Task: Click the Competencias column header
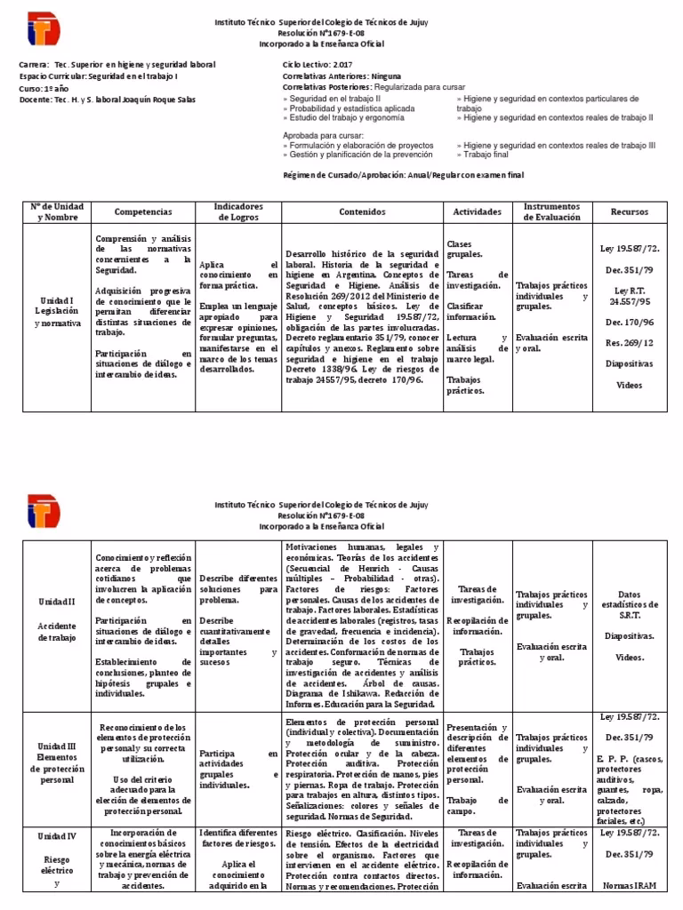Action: tap(143, 212)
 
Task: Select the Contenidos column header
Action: tap(362, 212)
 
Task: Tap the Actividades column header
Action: tap(477, 212)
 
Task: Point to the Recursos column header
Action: tap(629, 212)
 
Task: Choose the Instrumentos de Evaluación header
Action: tap(551, 212)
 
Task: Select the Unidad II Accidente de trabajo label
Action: tap(58, 618)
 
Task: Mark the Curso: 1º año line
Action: tap(44, 89)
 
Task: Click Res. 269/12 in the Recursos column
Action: tap(629, 342)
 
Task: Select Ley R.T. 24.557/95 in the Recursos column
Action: tap(629, 296)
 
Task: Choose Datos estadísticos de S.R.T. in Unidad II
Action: tap(629, 604)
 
